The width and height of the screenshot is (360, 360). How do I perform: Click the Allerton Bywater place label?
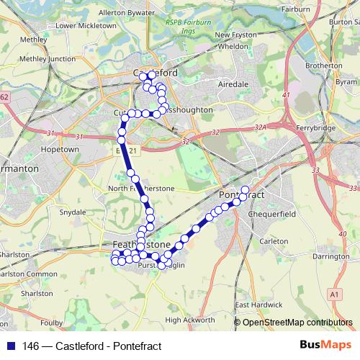[x=126, y=13]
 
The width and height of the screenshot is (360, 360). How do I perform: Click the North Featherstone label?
[x=141, y=188]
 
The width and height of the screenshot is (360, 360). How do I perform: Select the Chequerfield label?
[x=267, y=213]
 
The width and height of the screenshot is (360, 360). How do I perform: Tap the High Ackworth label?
[x=190, y=320]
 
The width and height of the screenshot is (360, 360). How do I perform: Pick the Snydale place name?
[x=73, y=212]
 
